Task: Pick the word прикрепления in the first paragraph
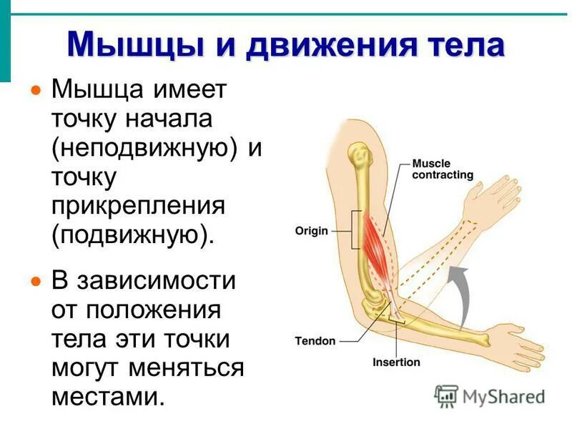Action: tap(137, 205)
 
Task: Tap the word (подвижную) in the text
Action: tap(132, 234)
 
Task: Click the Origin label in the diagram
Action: tap(311, 231)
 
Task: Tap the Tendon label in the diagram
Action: tap(315, 341)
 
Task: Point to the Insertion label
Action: tap(396, 362)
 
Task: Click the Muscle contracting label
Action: tap(443, 169)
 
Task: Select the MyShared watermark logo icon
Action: tap(446, 395)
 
